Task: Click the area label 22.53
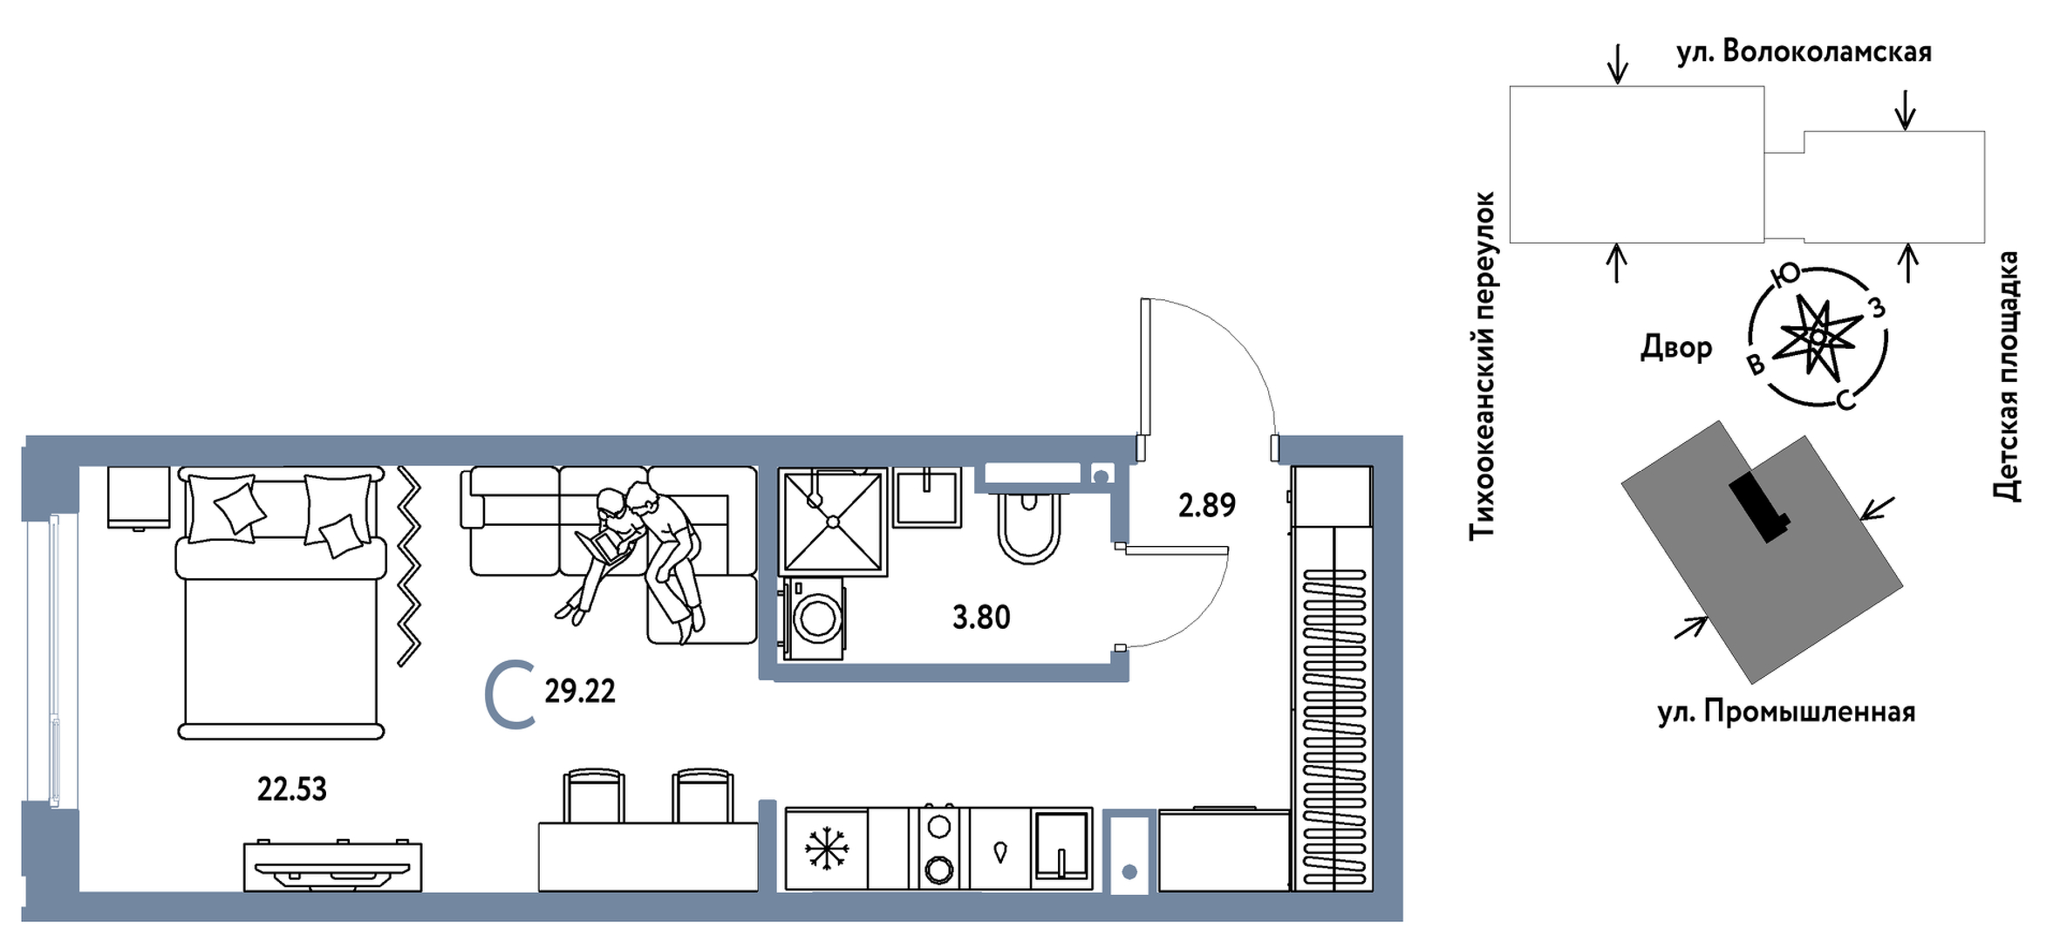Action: (x=291, y=789)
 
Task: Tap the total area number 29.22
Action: (x=580, y=692)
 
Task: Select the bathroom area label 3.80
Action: (x=981, y=618)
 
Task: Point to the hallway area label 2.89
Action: (x=1207, y=505)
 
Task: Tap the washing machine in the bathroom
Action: (x=815, y=618)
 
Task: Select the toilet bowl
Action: (x=1029, y=528)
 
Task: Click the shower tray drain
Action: (x=833, y=522)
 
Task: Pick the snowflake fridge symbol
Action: (x=826, y=849)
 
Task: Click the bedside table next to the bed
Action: (x=139, y=497)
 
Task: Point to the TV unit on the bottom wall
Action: (x=332, y=866)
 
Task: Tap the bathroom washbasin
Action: (x=928, y=497)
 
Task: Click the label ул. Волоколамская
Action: (x=1804, y=52)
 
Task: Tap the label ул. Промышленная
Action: (x=1786, y=713)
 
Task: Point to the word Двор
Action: (x=1676, y=348)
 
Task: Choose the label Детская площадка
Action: (x=2006, y=377)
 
